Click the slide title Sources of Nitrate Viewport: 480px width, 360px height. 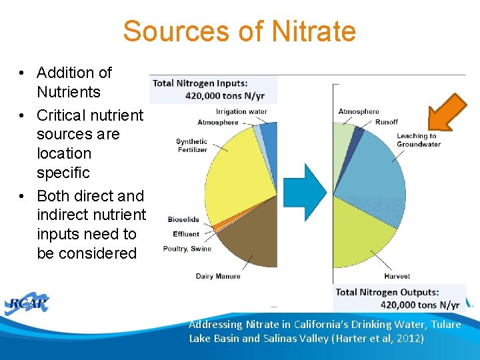click(239, 31)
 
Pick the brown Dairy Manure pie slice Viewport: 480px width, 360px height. click(250, 233)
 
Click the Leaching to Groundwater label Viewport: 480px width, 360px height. click(418, 140)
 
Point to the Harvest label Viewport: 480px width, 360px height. click(397, 276)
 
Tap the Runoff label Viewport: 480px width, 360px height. click(386, 122)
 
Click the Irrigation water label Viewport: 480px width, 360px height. click(241, 111)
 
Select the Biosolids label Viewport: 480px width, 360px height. click(183, 219)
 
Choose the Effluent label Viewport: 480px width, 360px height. click(186, 234)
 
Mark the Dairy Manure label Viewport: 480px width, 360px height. click(218, 276)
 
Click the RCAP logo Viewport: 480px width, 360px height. click(28, 304)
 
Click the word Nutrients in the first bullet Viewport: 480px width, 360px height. click(69, 92)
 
